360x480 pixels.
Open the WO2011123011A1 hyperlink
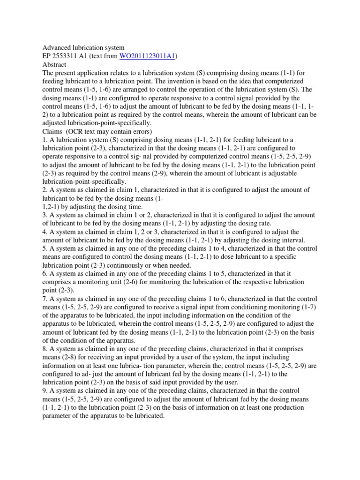pyautogui.click(x=147, y=56)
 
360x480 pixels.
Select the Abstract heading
pyautogui.click(x=54, y=64)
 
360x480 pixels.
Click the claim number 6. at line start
pyautogui.click(x=45, y=274)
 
